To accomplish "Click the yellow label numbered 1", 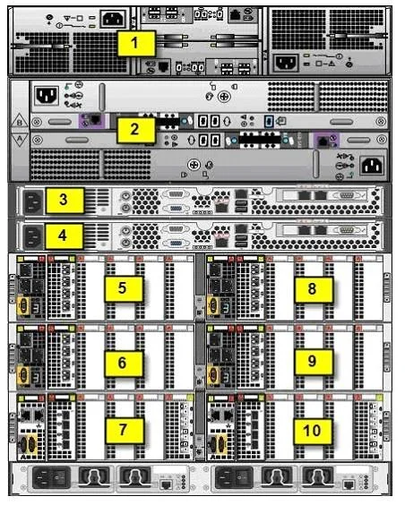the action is pos(136,43).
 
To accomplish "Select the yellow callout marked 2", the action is pos(135,130).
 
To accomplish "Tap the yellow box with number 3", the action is pos(65,201).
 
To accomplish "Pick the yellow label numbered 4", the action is pos(65,236).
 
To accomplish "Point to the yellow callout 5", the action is pos(124,288).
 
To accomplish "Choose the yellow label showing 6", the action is pos(124,364).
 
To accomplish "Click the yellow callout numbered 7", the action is pos(125,431).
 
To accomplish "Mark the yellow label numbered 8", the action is pos(314,289).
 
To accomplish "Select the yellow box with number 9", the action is pos(314,362).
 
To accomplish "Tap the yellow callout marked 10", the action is pos(313,432).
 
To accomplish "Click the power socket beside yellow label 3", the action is pos(33,201).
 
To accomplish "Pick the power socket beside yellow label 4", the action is pos(33,236).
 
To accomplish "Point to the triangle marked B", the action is pos(20,122).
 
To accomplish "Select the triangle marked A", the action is pos(20,140).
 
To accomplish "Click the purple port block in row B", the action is pos(91,121).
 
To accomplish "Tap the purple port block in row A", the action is pos(326,140).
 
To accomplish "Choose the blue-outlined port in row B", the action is pos(269,122).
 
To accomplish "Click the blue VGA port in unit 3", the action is pos(176,209).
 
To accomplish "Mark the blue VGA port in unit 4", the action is pos(176,244).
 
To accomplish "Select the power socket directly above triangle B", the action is pos(47,95).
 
